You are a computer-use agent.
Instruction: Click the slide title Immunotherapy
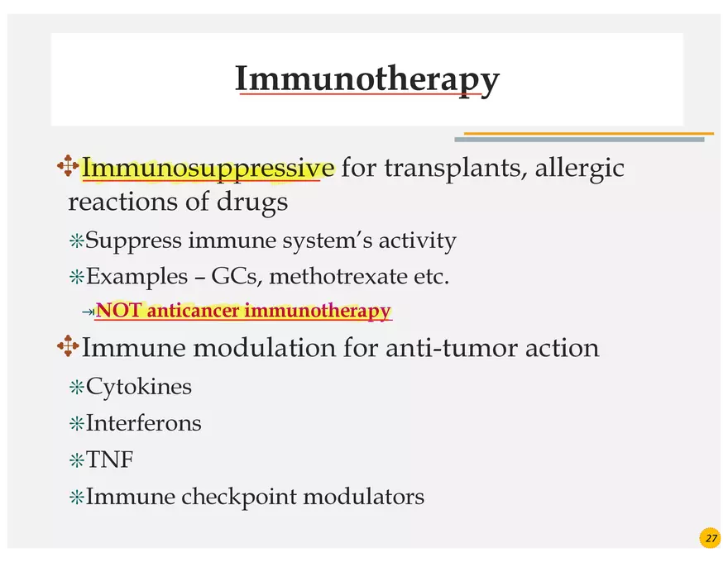pyautogui.click(x=366, y=79)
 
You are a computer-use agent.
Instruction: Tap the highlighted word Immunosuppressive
pyautogui.click(x=208, y=168)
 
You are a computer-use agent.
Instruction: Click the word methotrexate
pyautogui.click(x=339, y=276)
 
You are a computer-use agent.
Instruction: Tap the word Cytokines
pyautogui.click(x=138, y=386)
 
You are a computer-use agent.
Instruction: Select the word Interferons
pyautogui.click(x=143, y=423)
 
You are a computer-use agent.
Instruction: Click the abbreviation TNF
pyautogui.click(x=109, y=460)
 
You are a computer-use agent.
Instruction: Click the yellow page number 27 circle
pyautogui.click(x=711, y=538)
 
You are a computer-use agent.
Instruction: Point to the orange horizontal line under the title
pyautogui.click(x=588, y=133)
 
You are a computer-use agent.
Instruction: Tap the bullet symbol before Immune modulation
pyautogui.click(x=68, y=346)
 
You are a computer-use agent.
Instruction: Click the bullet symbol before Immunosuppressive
pyautogui.click(x=68, y=167)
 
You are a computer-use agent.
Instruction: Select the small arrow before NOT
pyautogui.click(x=88, y=312)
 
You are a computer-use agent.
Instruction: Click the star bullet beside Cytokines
pyautogui.click(x=76, y=387)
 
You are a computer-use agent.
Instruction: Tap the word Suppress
pyautogui.click(x=133, y=241)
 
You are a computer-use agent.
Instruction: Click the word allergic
pyautogui.click(x=579, y=168)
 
